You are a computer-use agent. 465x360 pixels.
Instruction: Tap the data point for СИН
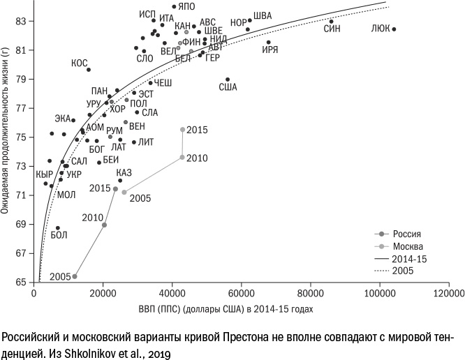[x=331, y=21]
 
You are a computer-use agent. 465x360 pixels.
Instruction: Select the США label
[x=228, y=87]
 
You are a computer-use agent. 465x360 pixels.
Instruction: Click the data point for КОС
[x=89, y=69]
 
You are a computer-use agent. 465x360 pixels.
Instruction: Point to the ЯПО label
[x=186, y=6]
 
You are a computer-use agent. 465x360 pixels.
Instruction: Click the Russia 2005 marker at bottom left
[x=75, y=276]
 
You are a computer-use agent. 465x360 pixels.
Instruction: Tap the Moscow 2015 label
[x=198, y=130]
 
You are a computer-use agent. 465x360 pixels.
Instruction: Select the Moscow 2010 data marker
[x=182, y=158]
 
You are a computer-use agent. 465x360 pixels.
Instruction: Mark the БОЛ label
[x=59, y=236]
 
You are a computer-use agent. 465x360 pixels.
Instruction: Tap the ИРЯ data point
[x=268, y=43]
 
